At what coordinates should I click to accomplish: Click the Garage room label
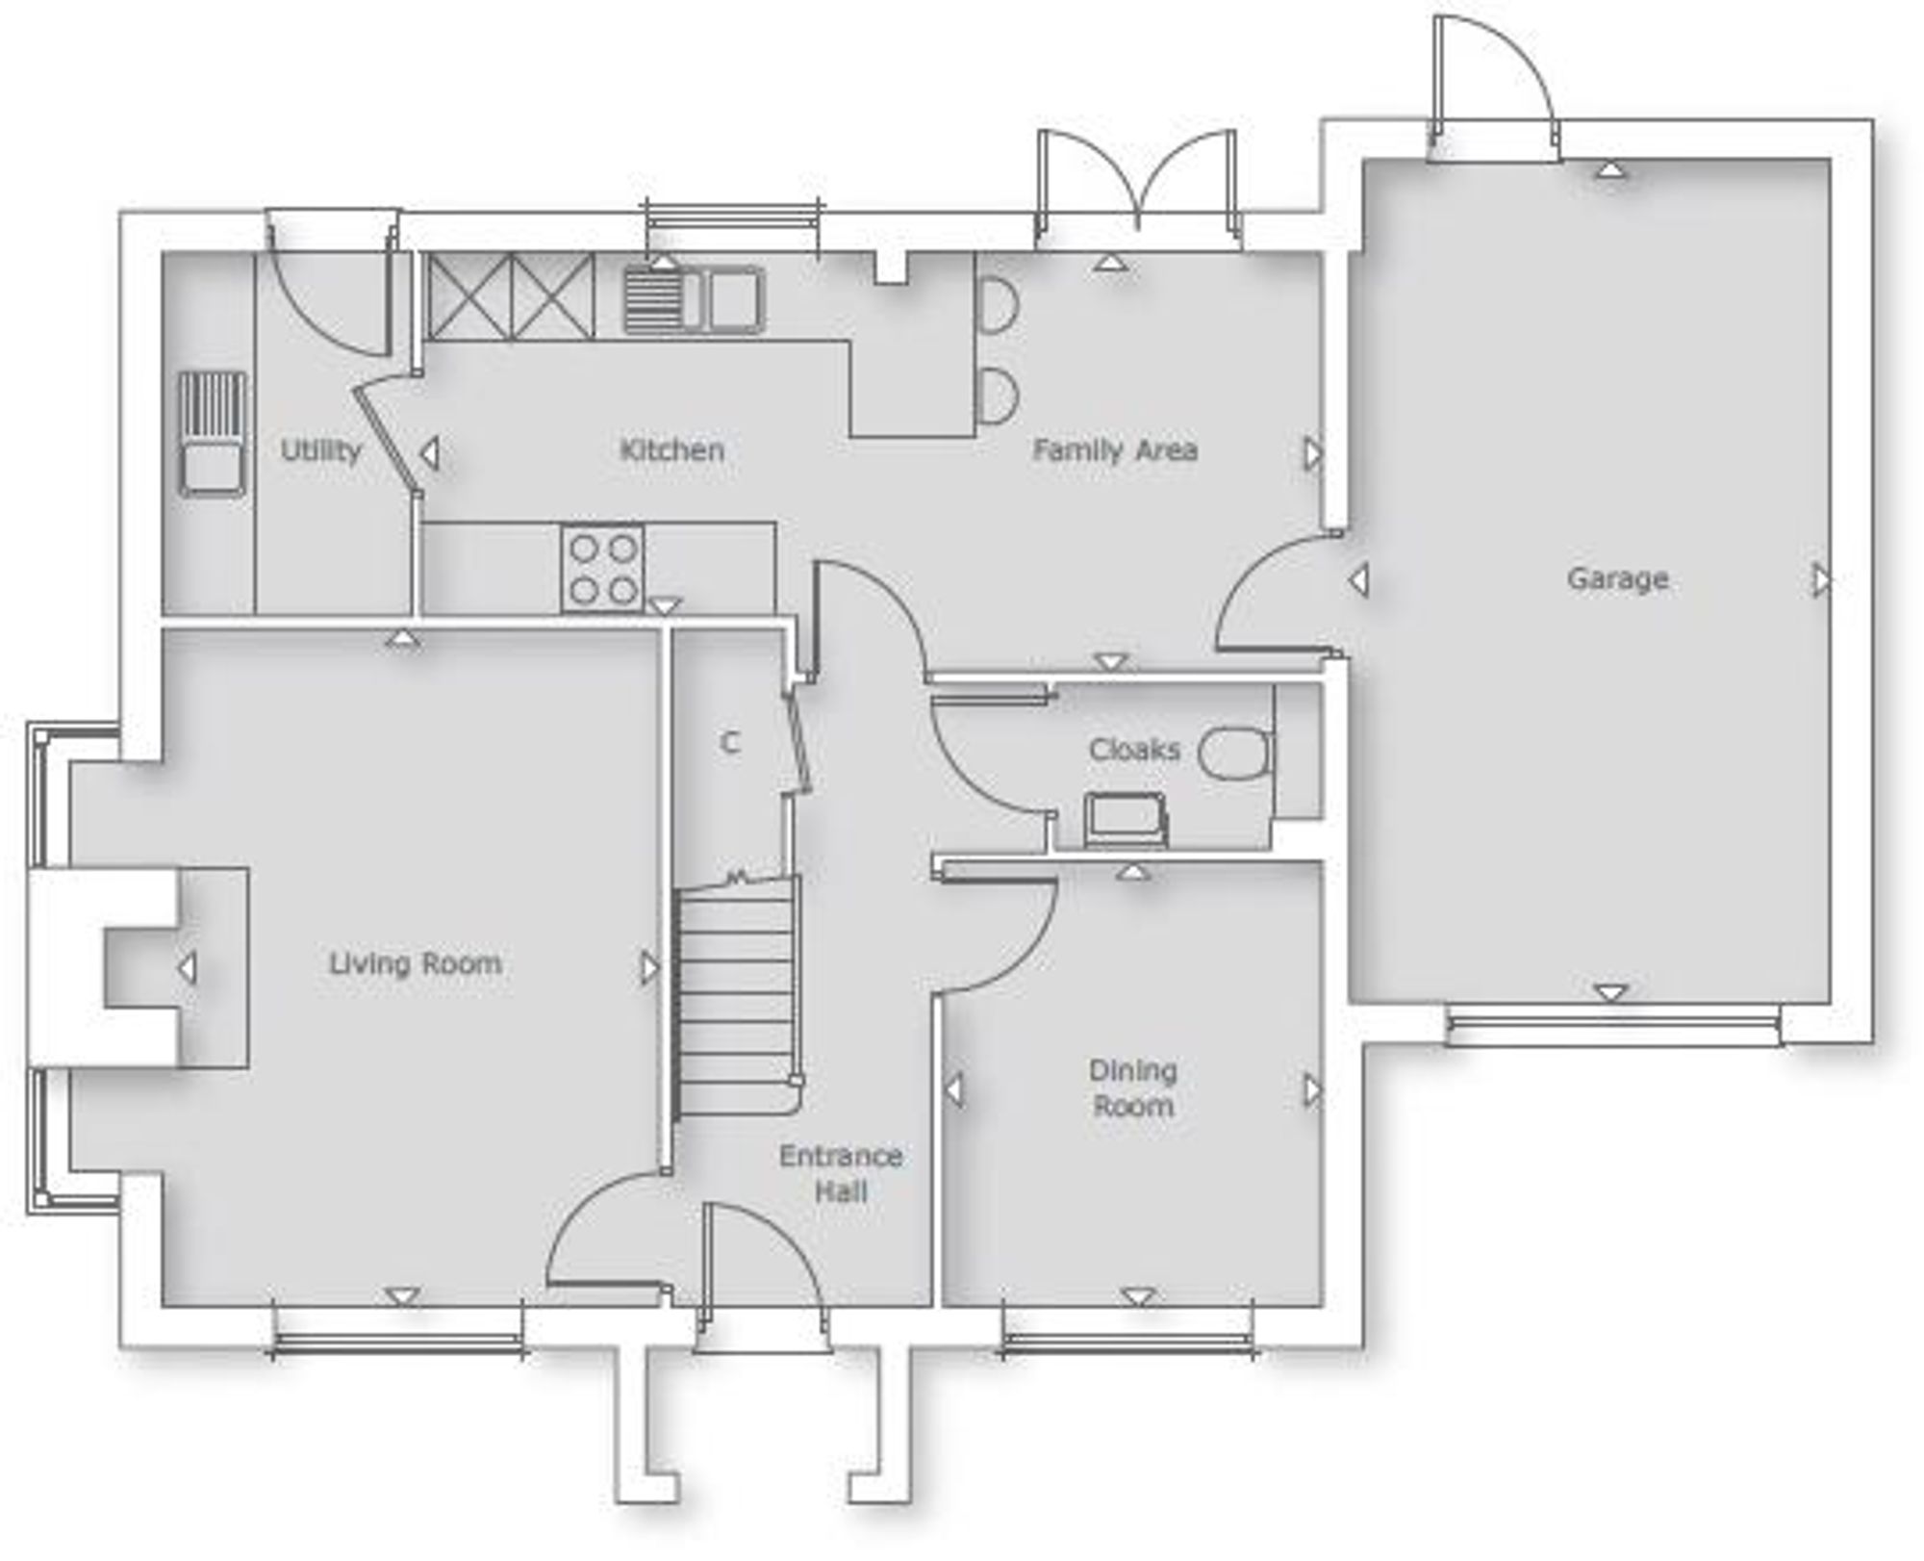tap(1617, 579)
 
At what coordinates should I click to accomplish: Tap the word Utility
tap(320, 450)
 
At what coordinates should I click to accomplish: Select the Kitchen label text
tap(671, 449)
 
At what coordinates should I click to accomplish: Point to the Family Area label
tap(1115, 449)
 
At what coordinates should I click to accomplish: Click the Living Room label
tap(416, 963)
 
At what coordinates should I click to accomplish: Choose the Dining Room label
tap(1133, 1088)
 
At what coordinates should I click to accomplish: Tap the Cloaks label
tap(1134, 749)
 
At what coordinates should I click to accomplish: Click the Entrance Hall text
tap(841, 1173)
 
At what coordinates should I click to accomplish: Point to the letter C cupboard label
tap(730, 743)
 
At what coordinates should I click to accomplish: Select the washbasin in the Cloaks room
tap(1126, 820)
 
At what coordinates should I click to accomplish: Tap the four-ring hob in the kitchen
tap(603, 569)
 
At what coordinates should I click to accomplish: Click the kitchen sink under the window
tap(695, 300)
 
